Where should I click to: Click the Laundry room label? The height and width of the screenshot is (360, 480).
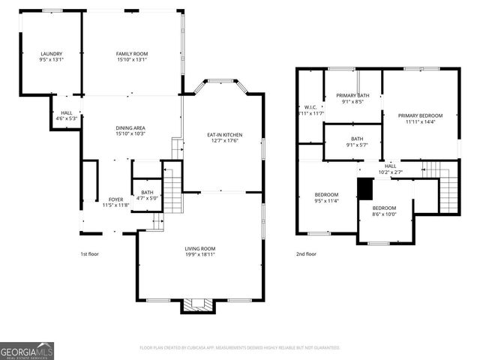(x=51, y=54)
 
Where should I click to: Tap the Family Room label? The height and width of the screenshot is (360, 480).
(x=131, y=54)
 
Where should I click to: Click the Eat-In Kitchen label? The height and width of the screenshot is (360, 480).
(x=224, y=136)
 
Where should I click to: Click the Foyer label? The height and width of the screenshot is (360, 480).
(x=115, y=199)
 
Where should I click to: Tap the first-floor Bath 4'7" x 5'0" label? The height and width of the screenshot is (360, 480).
(x=146, y=195)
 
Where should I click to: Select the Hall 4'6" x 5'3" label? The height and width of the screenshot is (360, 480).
(x=66, y=115)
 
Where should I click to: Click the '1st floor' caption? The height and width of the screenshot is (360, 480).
(x=89, y=254)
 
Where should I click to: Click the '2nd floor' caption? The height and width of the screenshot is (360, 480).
(x=305, y=254)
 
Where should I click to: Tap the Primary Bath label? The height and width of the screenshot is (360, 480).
(x=352, y=95)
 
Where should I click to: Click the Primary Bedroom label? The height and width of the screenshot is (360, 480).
(x=419, y=115)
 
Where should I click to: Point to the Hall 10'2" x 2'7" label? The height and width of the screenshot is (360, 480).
(x=391, y=169)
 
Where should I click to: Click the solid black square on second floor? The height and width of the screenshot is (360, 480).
(x=365, y=188)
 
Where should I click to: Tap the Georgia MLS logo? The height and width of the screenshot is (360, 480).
(x=27, y=350)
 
